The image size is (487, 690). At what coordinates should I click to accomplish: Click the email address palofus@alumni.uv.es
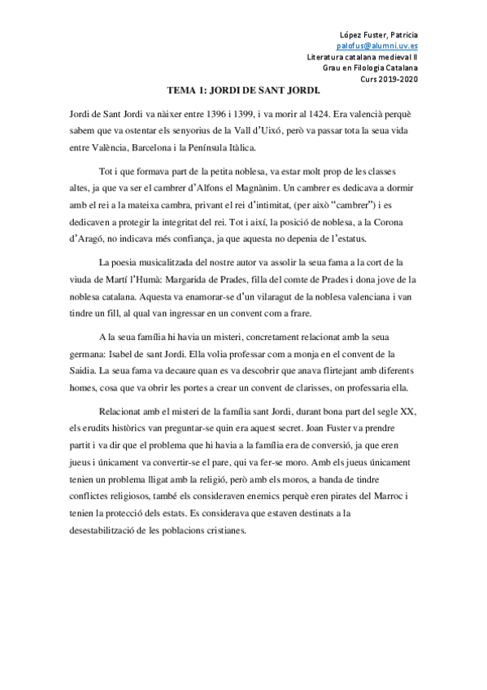tap(379, 46)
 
